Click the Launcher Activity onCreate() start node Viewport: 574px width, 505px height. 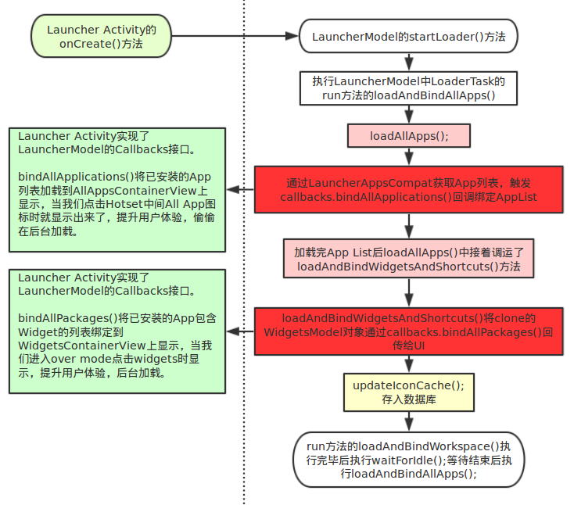click(101, 36)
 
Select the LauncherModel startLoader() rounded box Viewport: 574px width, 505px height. click(409, 36)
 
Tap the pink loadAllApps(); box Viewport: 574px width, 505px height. click(409, 135)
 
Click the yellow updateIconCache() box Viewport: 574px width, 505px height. click(408, 392)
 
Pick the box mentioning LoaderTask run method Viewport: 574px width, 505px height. click(409, 88)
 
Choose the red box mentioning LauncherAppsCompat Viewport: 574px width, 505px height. click(408, 189)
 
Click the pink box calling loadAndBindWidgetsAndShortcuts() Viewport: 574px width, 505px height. click(409, 259)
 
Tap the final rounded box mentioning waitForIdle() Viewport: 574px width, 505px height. click(408, 459)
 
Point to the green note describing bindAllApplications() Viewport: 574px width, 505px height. click(117, 189)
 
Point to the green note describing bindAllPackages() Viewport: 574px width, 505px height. click(117, 332)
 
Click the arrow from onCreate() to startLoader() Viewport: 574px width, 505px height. click(235, 36)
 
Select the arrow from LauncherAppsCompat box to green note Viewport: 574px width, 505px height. click(240, 189)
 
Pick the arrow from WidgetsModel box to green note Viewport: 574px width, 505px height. click(240, 331)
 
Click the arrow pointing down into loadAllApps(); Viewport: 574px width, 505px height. click(409, 113)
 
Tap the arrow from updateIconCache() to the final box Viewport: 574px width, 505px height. click(408, 422)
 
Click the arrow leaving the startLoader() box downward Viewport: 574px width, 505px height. click(408, 62)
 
